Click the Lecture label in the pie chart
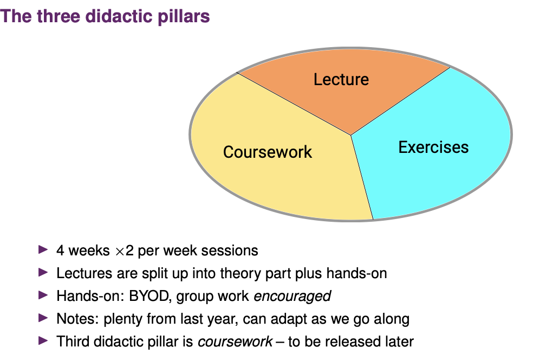[341, 80]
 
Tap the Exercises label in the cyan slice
[433, 147]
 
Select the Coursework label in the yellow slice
[268, 152]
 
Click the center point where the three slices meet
[351, 135]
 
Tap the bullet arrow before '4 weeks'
[43, 250]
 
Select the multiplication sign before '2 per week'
[120, 252]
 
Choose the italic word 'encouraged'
[292, 297]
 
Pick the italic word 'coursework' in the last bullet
[235, 342]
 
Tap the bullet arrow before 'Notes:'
[43, 318]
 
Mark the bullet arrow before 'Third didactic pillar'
[43, 340]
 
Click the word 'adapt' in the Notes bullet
[288, 319]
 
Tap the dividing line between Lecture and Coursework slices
[294, 104]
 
